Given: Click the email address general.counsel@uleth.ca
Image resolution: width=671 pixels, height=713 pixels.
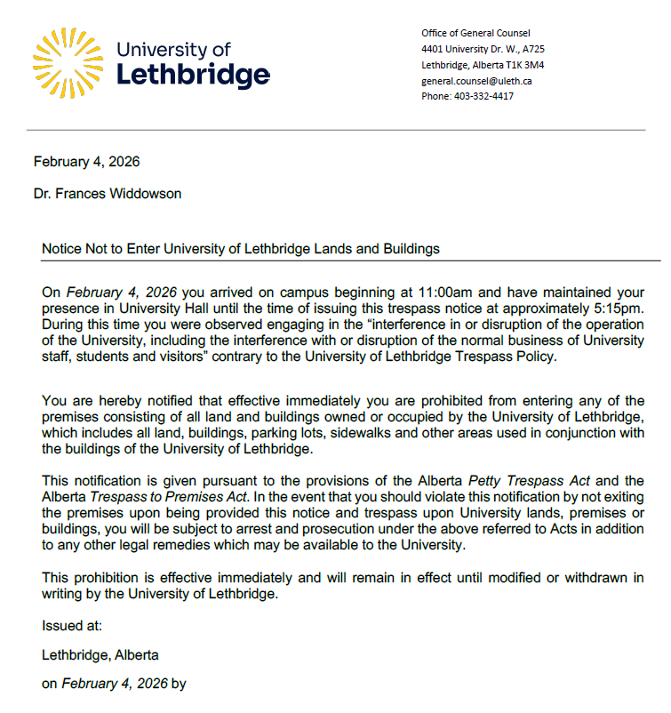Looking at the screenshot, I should (x=476, y=81).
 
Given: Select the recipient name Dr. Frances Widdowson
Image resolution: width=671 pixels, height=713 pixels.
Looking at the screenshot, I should (x=108, y=194).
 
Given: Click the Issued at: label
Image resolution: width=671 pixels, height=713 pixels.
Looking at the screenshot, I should (x=72, y=626).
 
